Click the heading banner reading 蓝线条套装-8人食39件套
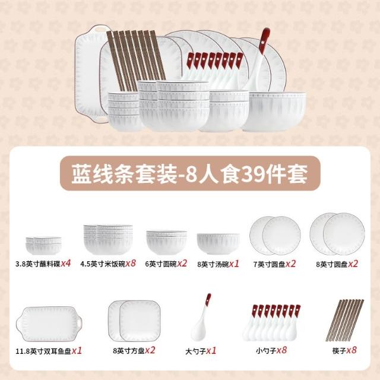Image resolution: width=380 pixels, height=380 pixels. click(x=190, y=173)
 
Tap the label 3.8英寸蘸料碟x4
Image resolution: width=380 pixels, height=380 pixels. click(x=43, y=264)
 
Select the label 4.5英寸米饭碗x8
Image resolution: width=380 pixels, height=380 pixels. click(x=108, y=264)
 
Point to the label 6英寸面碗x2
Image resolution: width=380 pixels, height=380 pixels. click(x=166, y=264)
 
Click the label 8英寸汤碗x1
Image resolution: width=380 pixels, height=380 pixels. click(x=218, y=264)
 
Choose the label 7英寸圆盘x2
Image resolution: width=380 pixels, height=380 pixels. click(x=274, y=264)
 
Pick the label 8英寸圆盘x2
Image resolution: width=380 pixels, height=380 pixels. click(x=337, y=264)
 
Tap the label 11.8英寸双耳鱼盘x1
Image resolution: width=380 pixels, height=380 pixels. click(x=49, y=351)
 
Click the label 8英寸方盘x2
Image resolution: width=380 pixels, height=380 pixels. click(x=134, y=350)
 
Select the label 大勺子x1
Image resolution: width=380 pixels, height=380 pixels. click(x=201, y=351)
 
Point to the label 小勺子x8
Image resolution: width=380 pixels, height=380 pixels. click(x=271, y=350)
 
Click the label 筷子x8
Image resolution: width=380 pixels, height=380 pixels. click(x=344, y=350)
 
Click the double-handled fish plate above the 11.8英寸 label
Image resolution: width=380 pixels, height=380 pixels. click(x=49, y=324)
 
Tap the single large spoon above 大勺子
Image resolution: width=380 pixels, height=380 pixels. click(x=201, y=317)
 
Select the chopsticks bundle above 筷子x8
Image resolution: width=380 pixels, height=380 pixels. click(x=345, y=320)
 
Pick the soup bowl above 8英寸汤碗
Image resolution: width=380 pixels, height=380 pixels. click(x=218, y=243)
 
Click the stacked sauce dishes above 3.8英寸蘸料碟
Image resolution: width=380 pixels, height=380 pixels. click(x=43, y=246)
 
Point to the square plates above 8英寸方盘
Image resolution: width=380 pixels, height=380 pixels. click(x=134, y=321)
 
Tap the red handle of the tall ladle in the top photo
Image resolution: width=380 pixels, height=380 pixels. click(x=264, y=40)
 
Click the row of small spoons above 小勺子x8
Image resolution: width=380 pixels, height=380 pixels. click(x=271, y=322)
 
